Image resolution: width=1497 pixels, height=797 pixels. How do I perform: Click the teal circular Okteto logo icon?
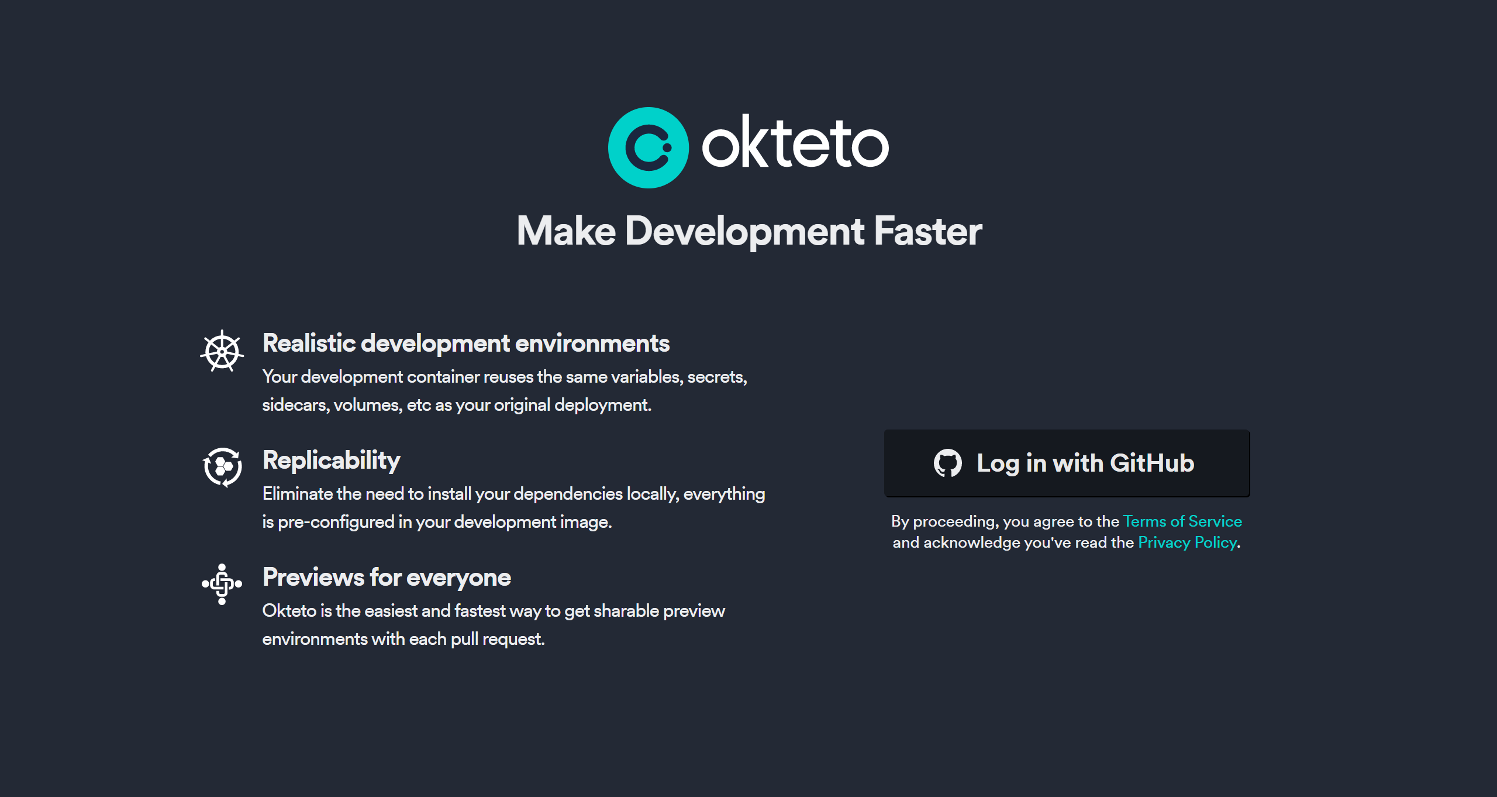tap(649, 147)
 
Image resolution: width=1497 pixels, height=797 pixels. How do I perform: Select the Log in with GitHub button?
tap(1067, 463)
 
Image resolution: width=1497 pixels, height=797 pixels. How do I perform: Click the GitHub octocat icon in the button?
tap(948, 463)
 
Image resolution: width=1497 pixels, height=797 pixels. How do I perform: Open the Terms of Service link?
tap(1182, 521)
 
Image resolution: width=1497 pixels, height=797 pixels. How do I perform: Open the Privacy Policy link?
tap(1188, 542)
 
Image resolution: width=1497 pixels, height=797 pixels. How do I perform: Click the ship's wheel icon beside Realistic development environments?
tap(222, 351)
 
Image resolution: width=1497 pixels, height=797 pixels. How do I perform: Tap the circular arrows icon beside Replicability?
tap(222, 468)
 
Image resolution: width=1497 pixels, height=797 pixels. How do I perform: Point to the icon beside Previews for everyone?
tap(222, 584)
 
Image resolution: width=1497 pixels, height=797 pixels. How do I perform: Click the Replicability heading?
tap(332, 461)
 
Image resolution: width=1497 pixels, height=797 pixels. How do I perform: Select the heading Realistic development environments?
tap(466, 343)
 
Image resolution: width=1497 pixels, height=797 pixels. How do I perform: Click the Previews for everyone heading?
tap(387, 578)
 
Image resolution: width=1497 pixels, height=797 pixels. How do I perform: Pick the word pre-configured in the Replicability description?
tap(336, 522)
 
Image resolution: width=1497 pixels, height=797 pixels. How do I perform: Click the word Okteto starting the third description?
tap(289, 611)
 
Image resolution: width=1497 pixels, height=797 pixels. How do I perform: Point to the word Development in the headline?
tap(744, 232)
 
